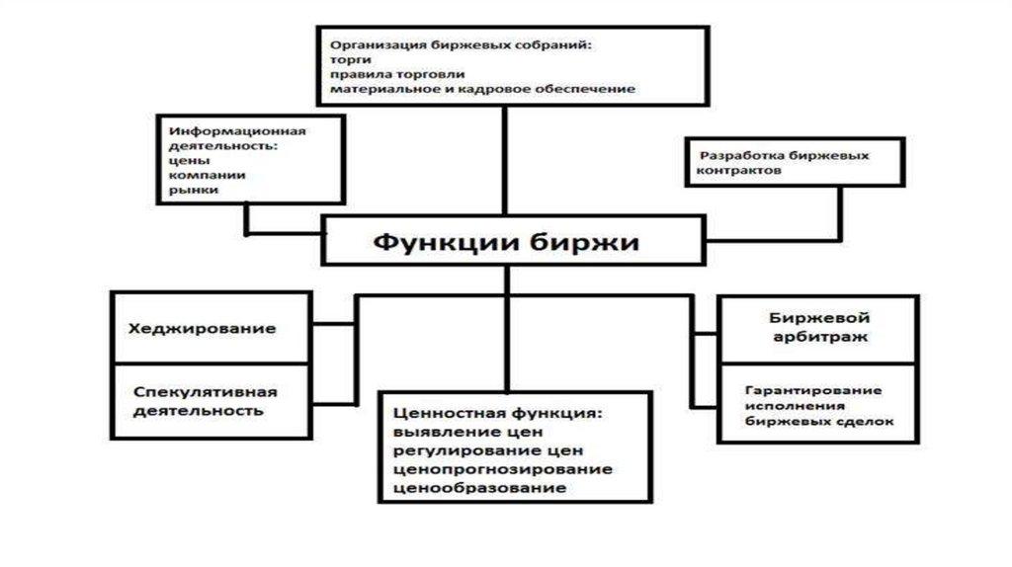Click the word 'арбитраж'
pos(807,337)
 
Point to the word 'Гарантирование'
pos(812,389)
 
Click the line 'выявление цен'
pos(456,431)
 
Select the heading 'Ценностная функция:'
pos(498,411)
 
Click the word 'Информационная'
pos(237,131)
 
